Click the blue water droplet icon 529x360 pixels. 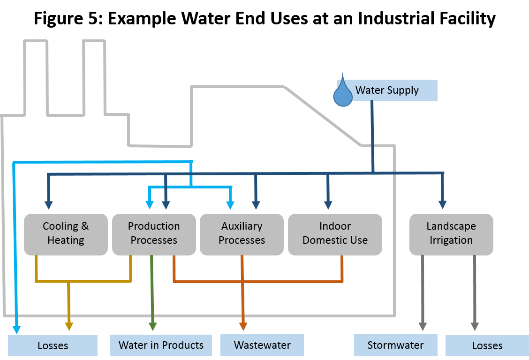342,93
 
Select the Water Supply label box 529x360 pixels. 387,90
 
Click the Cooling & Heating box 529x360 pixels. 66,234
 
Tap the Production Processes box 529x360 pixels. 154,234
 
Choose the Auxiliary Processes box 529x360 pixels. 242,234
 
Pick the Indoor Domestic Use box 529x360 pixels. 335,234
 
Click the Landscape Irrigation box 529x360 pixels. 451,234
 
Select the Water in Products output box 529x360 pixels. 161,345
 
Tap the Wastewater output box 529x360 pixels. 262,345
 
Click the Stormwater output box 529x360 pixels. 395,345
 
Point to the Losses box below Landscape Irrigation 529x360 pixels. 487,346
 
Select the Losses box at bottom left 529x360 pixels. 53,346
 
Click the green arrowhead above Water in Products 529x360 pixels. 152,326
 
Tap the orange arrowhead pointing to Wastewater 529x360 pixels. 243,326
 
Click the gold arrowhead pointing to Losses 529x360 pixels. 69,326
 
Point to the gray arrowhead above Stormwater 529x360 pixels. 423,326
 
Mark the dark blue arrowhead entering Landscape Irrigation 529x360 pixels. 442,205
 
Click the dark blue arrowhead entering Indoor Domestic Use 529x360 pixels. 328,205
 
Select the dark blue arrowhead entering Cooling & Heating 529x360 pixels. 48,205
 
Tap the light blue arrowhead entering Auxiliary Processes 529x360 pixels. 230,205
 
